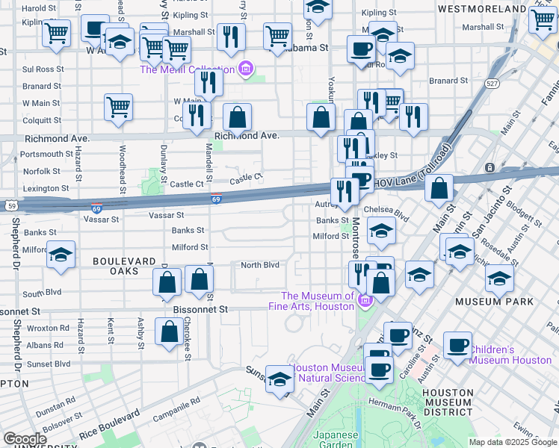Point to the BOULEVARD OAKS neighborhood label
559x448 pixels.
(116, 266)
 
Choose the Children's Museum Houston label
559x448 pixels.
(511, 355)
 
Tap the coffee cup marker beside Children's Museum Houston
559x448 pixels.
(457, 346)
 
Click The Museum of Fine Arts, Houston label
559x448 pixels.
(312, 301)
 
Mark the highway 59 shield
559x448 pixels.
(10, 205)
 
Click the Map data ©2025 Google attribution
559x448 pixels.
(512, 442)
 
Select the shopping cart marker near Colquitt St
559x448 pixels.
(119, 108)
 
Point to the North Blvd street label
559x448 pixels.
(259, 265)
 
